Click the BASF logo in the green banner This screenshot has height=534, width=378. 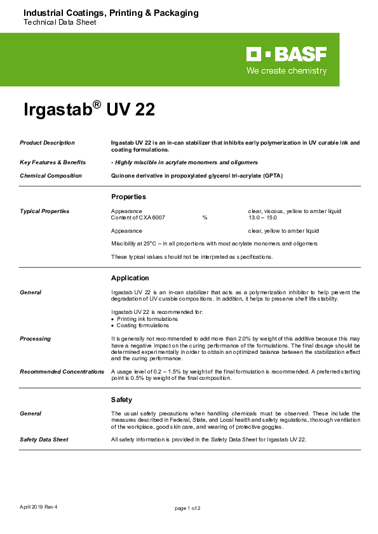tap(287, 54)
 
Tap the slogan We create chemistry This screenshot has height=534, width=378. tap(287, 71)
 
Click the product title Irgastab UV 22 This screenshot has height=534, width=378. tap(89, 110)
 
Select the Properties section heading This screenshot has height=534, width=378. tap(128, 197)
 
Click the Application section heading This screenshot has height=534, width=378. tap(130, 278)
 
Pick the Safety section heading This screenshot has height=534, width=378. tap(121, 400)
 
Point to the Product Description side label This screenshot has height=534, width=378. tap(47, 143)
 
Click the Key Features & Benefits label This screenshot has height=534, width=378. tap(53, 162)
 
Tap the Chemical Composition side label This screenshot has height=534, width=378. tap(51, 176)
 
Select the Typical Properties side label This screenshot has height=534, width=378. tap(44, 211)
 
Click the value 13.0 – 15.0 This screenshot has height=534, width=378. tap(262, 218)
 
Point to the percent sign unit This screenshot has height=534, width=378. tap(205, 218)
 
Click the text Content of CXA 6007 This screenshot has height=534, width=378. tap(138, 218)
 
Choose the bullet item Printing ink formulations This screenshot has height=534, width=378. tap(144, 319)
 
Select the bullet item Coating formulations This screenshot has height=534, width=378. tap(143, 325)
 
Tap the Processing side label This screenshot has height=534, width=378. tap(35, 339)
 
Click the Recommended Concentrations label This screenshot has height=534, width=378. tap(62, 372)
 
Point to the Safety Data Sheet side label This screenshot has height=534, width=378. tap(44, 439)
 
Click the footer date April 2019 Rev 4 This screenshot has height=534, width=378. tap(39, 507)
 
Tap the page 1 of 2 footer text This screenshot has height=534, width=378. tap(188, 508)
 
